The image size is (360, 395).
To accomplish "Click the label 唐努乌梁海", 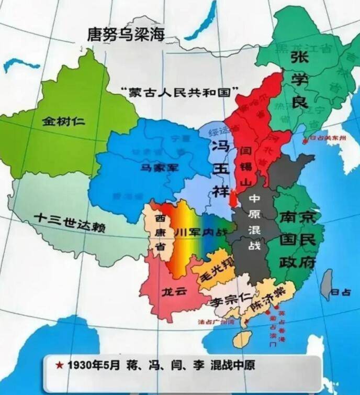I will pos(126,34).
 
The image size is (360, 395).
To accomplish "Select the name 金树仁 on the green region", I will pos(63,122).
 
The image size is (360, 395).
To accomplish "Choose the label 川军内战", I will pos(201,232).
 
